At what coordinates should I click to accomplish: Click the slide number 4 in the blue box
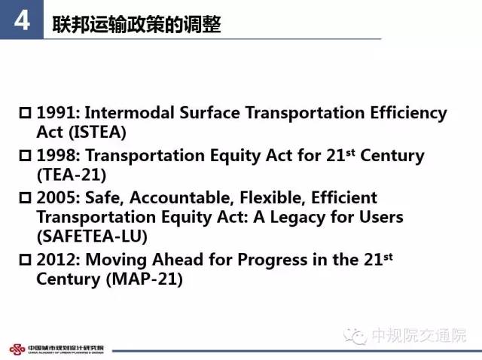(x=22, y=20)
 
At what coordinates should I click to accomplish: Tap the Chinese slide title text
(x=136, y=24)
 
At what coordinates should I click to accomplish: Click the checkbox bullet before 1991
(x=25, y=113)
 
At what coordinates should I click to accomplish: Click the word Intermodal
(x=130, y=112)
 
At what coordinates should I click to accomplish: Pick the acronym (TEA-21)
(x=72, y=175)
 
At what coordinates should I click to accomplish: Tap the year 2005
(x=59, y=197)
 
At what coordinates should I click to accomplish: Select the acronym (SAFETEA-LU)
(x=92, y=236)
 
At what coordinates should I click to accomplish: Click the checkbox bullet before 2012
(x=25, y=260)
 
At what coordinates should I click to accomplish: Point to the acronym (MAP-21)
(x=145, y=279)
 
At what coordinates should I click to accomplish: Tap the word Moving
(x=116, y=260)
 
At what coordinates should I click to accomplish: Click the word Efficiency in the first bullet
(x=408, y=113)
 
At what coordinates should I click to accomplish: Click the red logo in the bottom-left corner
(x=17, y=349)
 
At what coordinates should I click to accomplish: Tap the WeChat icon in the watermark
(x=355, y=336)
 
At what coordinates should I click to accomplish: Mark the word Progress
(x=273, y=261)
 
